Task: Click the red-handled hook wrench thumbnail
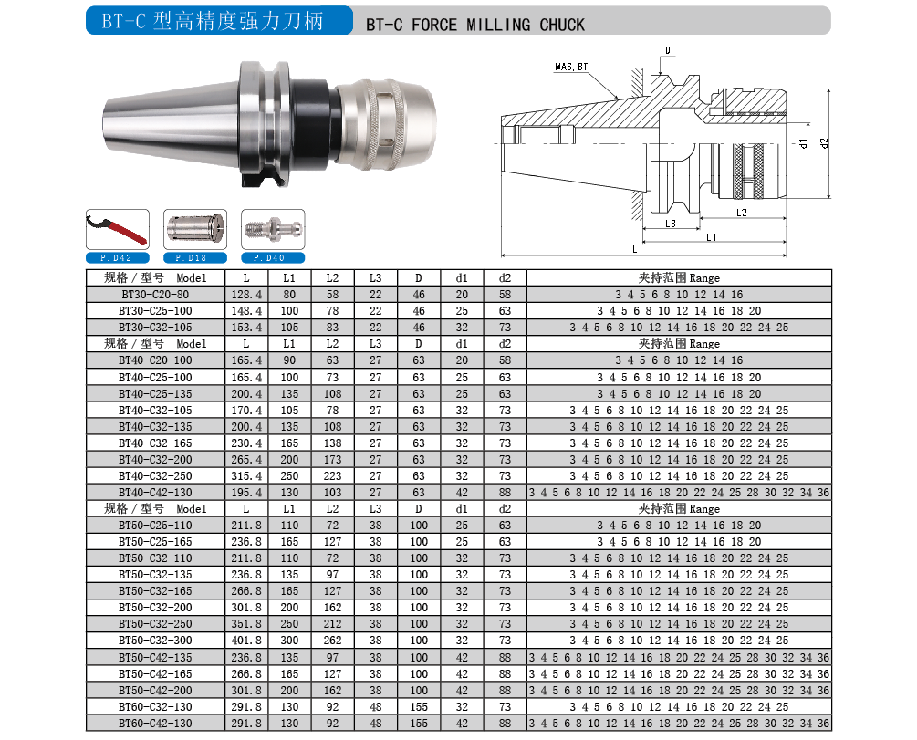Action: (x=118, y=229)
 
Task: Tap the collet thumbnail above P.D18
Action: (x=195, y=229)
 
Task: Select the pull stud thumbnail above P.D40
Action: (x=273, y=229)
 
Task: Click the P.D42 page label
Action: (x=117, y=258)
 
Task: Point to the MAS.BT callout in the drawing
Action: (x=571, y=67)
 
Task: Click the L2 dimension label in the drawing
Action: (x=742, y=213)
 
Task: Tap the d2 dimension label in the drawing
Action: (x=825, y=142)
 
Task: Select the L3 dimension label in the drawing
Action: (x=671, y=224)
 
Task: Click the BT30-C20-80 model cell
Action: (x=155, y=294)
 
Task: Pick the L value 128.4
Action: (x=246, y=294)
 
